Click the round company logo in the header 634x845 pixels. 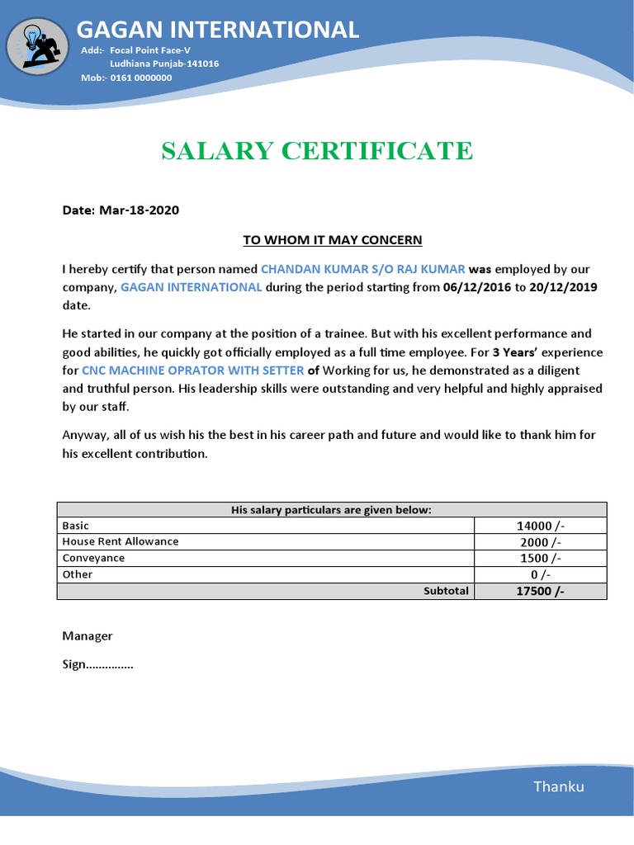[36, 46]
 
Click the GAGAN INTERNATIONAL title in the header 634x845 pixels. [218, 30]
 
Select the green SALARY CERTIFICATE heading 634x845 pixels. [317, 151]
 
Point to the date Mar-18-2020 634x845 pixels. [140, 210]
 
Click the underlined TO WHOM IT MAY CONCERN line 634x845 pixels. [332, 240]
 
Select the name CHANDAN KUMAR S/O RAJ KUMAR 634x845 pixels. [363, 269]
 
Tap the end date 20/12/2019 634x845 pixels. [563, 287]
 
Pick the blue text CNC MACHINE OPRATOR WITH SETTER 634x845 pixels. [192, 371]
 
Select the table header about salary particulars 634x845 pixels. [331, 510]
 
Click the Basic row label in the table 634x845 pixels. [76, 526]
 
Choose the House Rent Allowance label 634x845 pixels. [121, 541]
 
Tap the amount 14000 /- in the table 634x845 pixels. [541, 526]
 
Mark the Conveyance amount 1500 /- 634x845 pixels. [541, 558]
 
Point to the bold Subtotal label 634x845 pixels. [446, 591]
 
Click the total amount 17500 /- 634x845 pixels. [541, 591]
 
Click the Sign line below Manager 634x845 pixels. [97, 664]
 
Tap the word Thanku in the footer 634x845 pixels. [558, 786]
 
